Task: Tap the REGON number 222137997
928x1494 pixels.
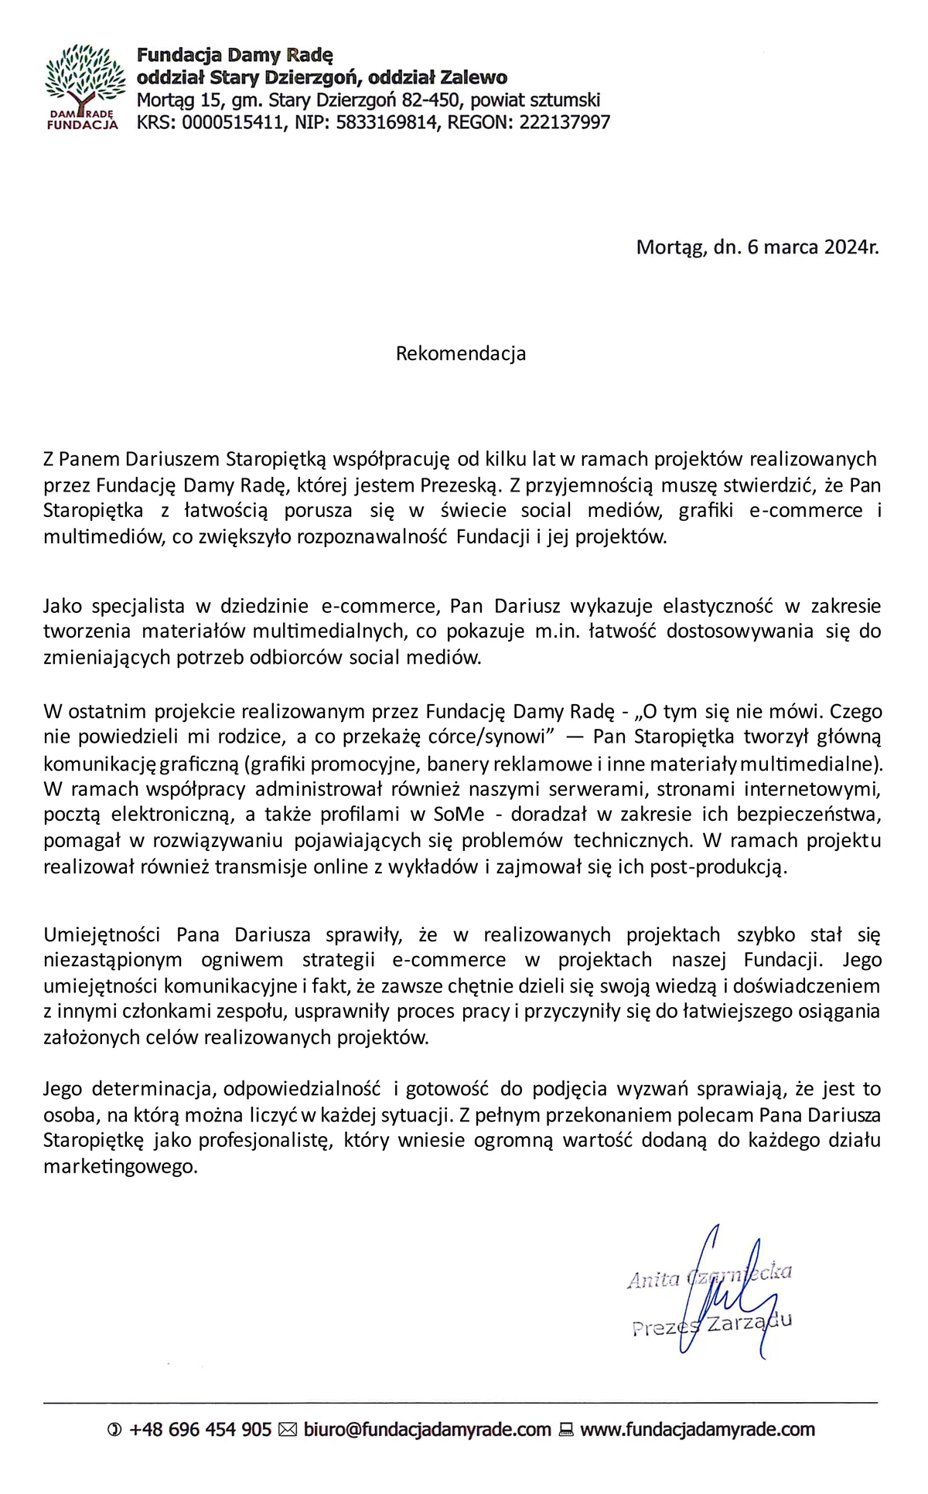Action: pos(565,122)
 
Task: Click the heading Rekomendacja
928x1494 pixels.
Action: pos(461,353)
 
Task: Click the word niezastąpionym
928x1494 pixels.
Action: pos(113,960)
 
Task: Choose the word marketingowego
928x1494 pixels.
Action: pos(121,1166)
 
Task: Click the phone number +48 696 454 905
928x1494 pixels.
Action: pos(200,1430)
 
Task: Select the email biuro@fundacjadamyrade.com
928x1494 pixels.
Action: pos(427,1430)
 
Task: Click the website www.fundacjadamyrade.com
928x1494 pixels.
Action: pos(698,1430)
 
